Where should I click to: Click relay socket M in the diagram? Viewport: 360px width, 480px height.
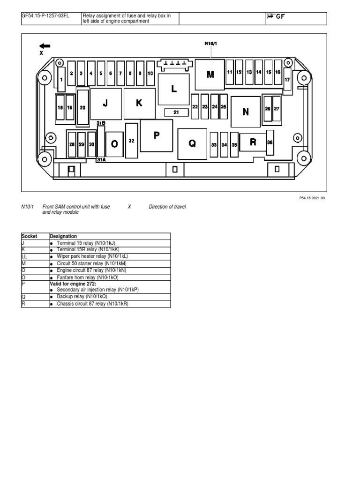tap(210, 74)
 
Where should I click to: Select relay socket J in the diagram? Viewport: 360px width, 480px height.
tap(105, 104)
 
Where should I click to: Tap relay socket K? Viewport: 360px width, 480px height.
tap(139, 103)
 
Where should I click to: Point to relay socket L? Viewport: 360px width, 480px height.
tap(174, 89)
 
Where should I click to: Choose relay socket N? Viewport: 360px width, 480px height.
tap(246, 112)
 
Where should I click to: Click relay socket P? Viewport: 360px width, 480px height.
tap(156, 135)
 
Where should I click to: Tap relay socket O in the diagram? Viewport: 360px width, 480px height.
tap(114, 144)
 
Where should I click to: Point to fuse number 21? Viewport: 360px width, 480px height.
tap(176, 112)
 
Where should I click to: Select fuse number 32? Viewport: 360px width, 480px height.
tap(132, 141)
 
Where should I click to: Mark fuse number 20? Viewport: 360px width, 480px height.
tap(82, 107)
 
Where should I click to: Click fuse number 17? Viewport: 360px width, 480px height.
tap(287, 79)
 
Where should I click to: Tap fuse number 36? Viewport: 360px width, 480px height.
tap(270, 142)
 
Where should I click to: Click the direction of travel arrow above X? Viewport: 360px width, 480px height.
tap(45, 46)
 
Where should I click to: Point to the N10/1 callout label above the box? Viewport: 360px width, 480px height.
tap(211, 44)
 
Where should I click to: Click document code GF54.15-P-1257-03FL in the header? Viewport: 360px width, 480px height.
tap(45, 16)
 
